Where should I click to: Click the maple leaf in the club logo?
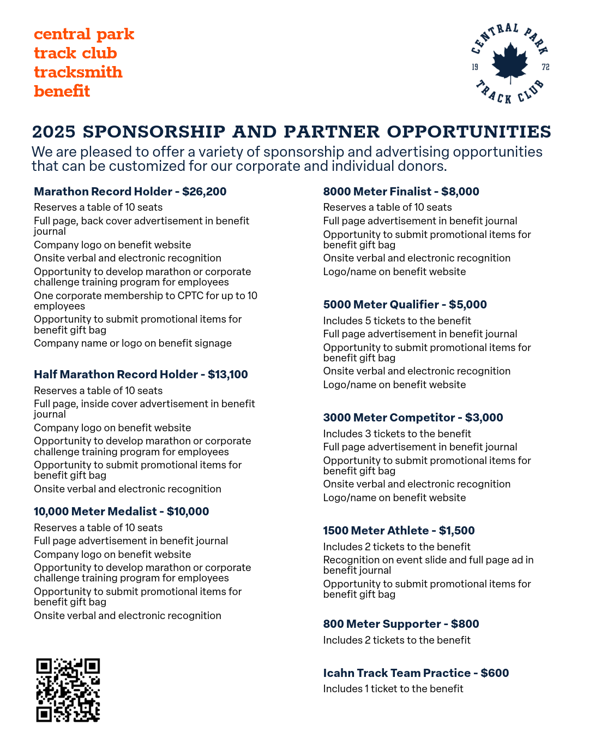(x=510, y=62)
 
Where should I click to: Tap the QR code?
(x=68, y=690)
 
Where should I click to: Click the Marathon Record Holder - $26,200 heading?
(x=130, y=192)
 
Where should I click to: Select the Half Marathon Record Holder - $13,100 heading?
(x=141, y=375)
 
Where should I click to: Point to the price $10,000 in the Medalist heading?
(x=188, y=512)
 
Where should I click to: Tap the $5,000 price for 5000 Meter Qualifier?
(x=467, y=305)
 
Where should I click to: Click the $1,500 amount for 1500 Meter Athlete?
(x=456, y=531)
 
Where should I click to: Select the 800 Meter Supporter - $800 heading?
(x=401, y=624)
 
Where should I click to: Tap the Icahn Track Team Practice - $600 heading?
(x=416, y=673)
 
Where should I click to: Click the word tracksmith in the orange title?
(x=78, y=72)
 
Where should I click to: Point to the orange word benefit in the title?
(x=62, y=91)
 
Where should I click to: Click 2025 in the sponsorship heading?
(x=53, y=132)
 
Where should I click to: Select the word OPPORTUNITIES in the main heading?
(x=469, y=132)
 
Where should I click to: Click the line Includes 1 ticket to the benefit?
(x=393, y=689)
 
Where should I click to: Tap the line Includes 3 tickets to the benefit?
(x=396, y=434)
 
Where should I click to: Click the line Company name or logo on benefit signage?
(x=133, y=343)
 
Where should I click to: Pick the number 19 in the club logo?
(x=475, y=67)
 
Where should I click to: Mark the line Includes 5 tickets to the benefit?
(x=396, y=321)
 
